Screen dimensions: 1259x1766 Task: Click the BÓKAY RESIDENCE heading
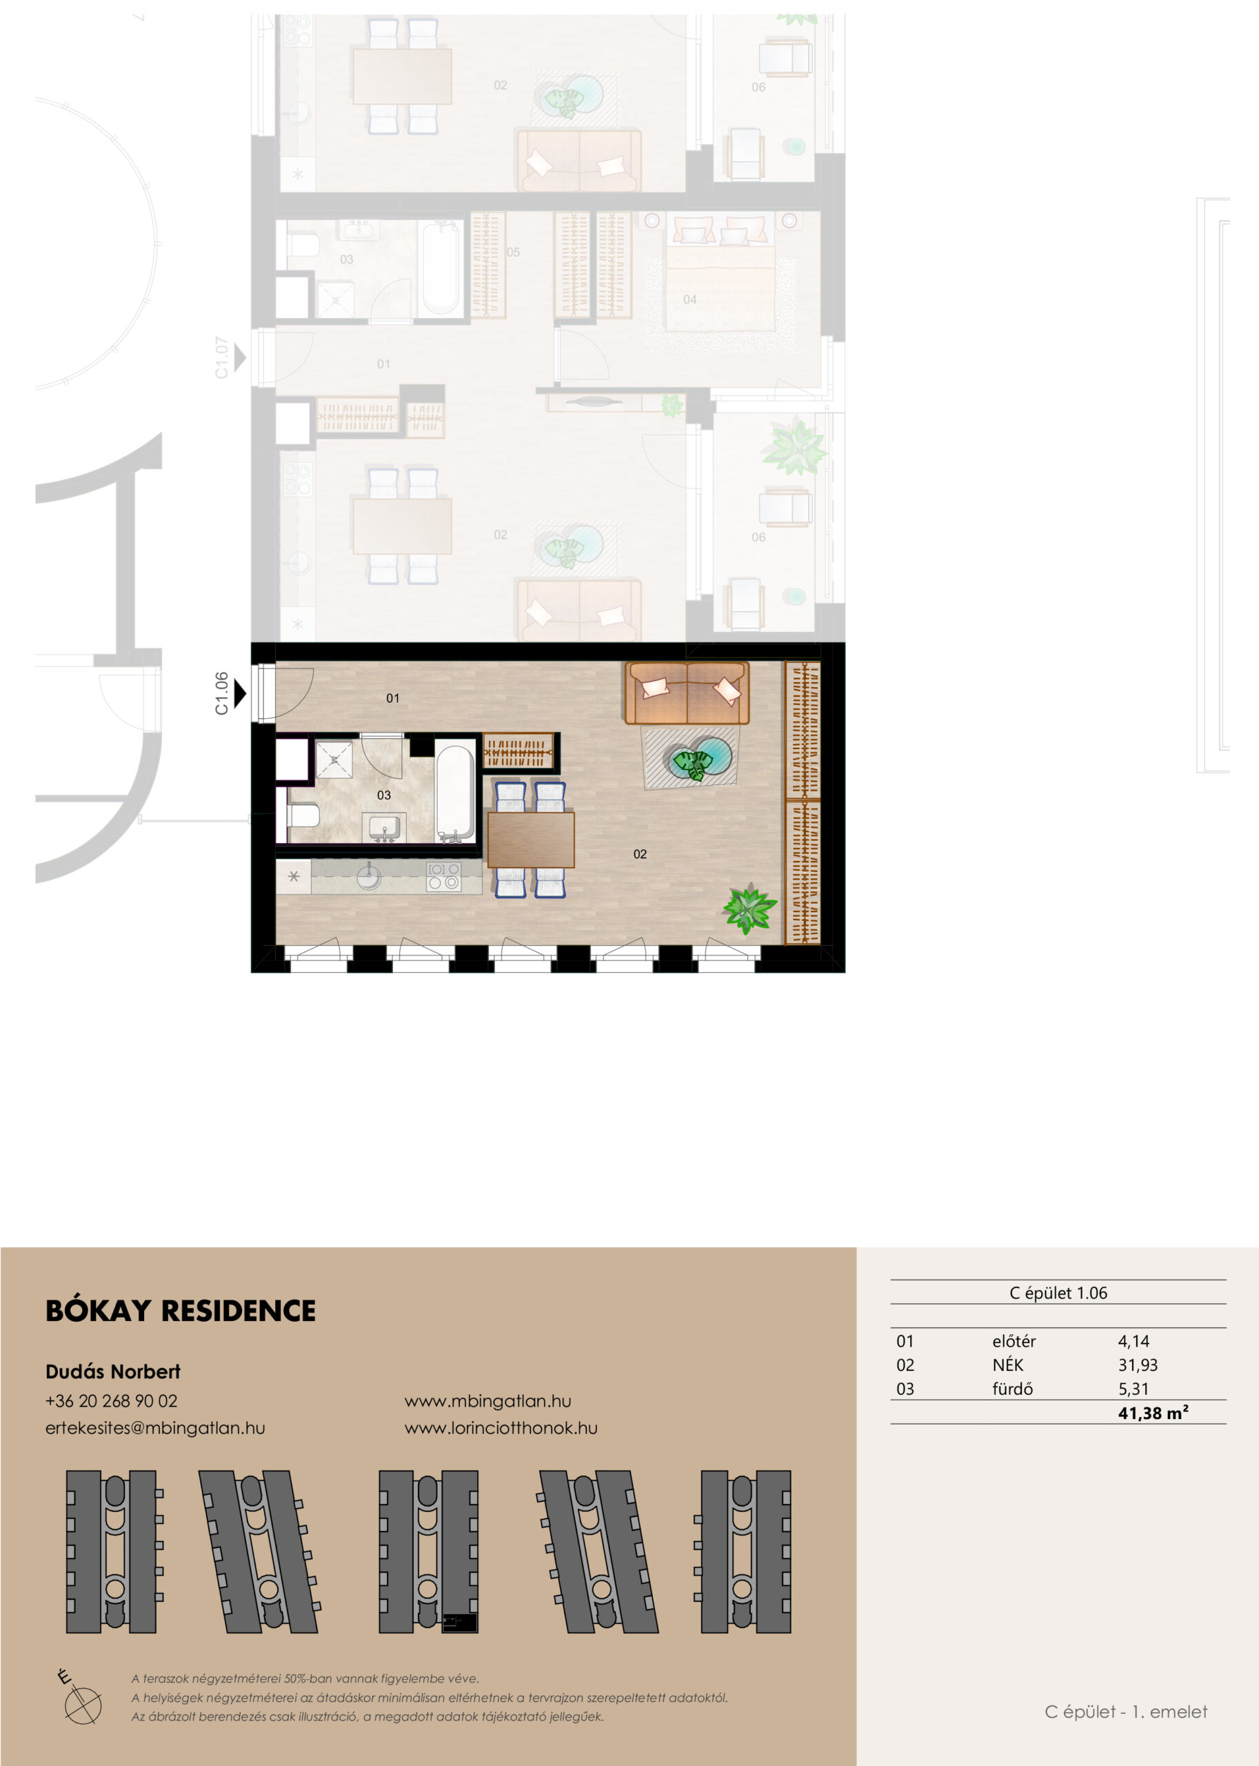point(181,1311)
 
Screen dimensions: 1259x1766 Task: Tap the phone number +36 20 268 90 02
point(112,1400)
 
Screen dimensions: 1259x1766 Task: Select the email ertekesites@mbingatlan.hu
point(155,1428)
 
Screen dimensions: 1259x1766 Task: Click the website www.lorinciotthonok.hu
point(501,1428)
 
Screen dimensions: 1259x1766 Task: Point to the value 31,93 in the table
point(1137,1365)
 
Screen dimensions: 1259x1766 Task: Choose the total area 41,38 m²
point(1153,1412)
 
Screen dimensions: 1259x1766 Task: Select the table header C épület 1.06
point(1058,1293)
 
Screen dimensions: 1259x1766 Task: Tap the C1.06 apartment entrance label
point(222,693)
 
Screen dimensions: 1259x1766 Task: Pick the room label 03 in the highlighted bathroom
point(384,795)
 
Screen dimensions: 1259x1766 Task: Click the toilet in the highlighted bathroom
point(303,816)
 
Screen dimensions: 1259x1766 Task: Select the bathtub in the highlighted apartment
point(455,793)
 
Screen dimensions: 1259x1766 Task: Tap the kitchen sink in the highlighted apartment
point(369,878)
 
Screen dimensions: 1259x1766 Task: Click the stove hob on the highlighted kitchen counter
point(444,876)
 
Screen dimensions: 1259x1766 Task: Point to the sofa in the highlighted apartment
point(687,693)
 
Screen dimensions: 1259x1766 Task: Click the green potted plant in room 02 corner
point(749,909)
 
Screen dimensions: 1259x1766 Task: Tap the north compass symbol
point(81,1704)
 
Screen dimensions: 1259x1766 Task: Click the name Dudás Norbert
point(113,1371)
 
